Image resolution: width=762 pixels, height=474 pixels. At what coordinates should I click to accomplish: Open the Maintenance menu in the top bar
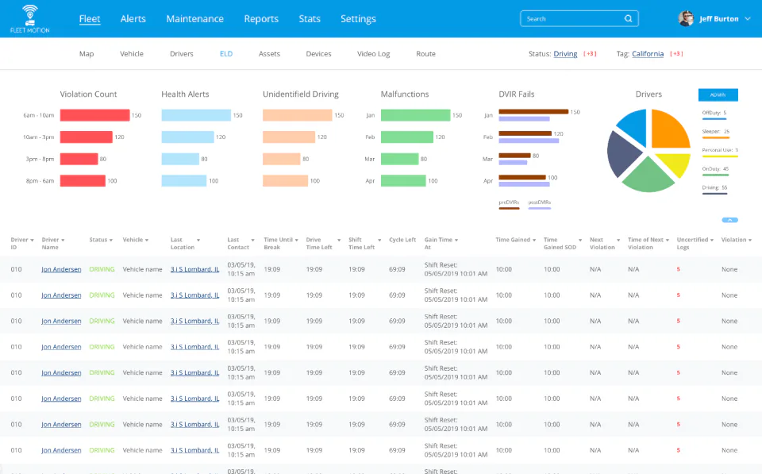194,19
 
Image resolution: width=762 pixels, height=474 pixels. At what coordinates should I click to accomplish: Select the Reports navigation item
261,19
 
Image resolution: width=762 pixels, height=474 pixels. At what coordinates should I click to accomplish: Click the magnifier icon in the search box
628,19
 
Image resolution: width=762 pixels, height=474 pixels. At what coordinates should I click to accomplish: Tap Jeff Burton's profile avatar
686,19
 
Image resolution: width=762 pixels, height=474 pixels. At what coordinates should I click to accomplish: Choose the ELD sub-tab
226,54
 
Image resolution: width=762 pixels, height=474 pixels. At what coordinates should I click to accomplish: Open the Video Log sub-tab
373,54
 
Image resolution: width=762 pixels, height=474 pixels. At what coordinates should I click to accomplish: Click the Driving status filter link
565,54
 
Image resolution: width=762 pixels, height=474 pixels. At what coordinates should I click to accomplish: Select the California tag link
648,54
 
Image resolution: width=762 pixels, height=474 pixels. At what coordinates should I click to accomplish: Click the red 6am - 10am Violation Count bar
94,115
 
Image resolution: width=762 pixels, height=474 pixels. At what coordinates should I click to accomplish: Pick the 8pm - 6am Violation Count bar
83,181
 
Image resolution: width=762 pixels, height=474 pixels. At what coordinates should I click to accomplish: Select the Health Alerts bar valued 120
187,137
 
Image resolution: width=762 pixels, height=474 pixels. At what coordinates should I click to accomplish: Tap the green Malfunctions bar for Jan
415,115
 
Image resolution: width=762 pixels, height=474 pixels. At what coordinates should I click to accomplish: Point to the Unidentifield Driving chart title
300,94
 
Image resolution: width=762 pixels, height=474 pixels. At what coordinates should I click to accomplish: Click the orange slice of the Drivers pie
669,130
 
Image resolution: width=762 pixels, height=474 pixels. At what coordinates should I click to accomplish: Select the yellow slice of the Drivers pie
672,164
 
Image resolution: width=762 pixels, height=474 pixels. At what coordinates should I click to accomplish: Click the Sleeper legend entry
715,131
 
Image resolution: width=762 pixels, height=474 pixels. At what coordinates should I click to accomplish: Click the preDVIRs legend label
508,202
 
